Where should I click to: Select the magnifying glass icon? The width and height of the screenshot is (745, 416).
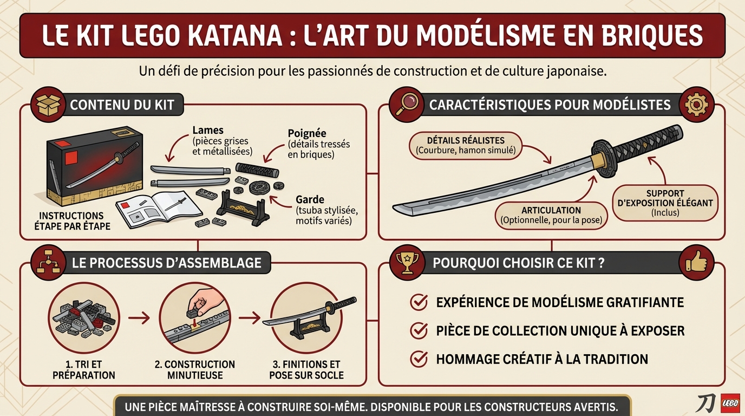pos(406,104)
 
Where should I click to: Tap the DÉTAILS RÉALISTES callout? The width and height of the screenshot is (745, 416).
pos(466,145)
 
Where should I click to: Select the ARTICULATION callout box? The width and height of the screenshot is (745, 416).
pos(551,215)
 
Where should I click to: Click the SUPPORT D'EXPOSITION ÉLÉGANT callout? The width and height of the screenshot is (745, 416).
pos(665,203)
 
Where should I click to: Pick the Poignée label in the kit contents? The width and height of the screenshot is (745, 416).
pos(308,134)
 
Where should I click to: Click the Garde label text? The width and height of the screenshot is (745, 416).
pos(306,199)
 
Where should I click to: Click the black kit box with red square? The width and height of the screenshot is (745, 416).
pos(95,165)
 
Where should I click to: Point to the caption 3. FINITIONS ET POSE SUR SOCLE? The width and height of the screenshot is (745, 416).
pos(306,369)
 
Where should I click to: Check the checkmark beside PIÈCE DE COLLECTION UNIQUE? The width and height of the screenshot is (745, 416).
pos(419,330)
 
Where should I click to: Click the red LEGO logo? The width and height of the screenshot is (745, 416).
pos(731,404)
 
